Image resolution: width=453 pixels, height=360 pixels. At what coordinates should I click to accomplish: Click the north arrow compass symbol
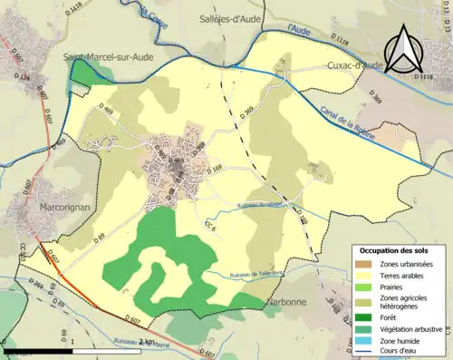coord(406,50)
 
